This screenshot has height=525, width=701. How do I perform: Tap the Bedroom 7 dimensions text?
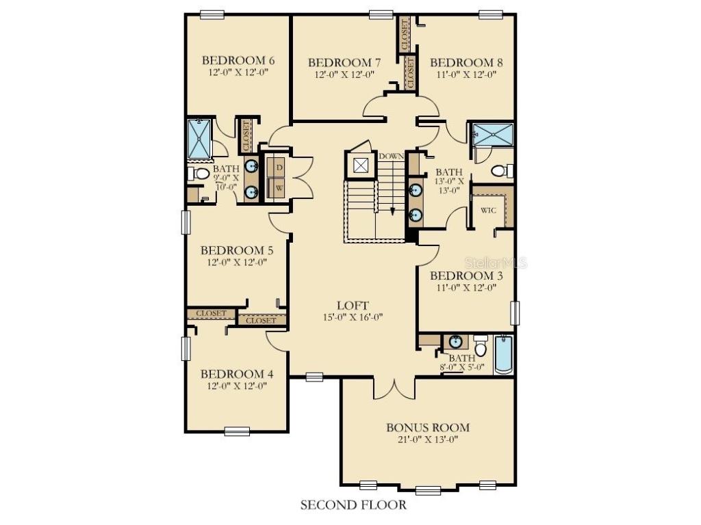[x=344, y=75]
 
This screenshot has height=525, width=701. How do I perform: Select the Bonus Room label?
[x=428, y=427]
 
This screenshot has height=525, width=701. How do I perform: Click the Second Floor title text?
[x=353, y=505]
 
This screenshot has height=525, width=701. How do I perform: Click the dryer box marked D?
[x=279, y=166]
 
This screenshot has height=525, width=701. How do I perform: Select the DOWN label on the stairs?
[x=391, y=156]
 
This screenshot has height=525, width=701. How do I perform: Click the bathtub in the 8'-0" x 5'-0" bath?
[x=503, y=353]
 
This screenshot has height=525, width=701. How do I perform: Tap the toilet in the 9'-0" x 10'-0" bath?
[x=200, y=174]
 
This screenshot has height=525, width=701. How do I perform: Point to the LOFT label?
[x=353, y=305]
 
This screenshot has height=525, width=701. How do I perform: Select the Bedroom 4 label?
[x=237, y=374]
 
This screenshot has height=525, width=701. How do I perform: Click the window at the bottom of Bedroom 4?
[x=237, y=431]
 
